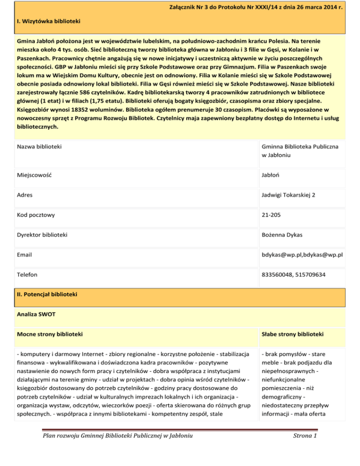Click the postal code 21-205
point(273,215)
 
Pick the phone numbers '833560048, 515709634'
point(295,274)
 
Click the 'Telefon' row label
point(27,274)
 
